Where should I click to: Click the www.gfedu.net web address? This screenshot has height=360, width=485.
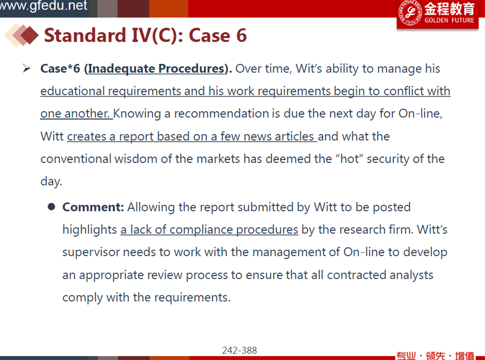tap(43, 5)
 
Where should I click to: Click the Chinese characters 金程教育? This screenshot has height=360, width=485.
tap(449, 9)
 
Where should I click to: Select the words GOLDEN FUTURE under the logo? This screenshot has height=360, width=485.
tap(449, 20)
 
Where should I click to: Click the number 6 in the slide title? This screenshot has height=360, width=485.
tap(242, 35)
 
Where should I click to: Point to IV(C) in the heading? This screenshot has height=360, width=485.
tap(154, 35)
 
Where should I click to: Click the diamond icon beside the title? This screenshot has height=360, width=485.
tap(21, 35)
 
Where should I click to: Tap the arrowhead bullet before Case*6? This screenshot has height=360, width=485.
tap(27, 68)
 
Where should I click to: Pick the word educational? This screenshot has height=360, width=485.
tap(73, 91)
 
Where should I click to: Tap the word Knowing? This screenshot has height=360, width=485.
tap(137, 114)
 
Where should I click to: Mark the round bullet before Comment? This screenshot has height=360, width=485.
tap(51, 207)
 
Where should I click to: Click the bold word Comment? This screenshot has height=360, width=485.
tap(93, 207)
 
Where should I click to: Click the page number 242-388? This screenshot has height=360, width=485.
tap(240, 350)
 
